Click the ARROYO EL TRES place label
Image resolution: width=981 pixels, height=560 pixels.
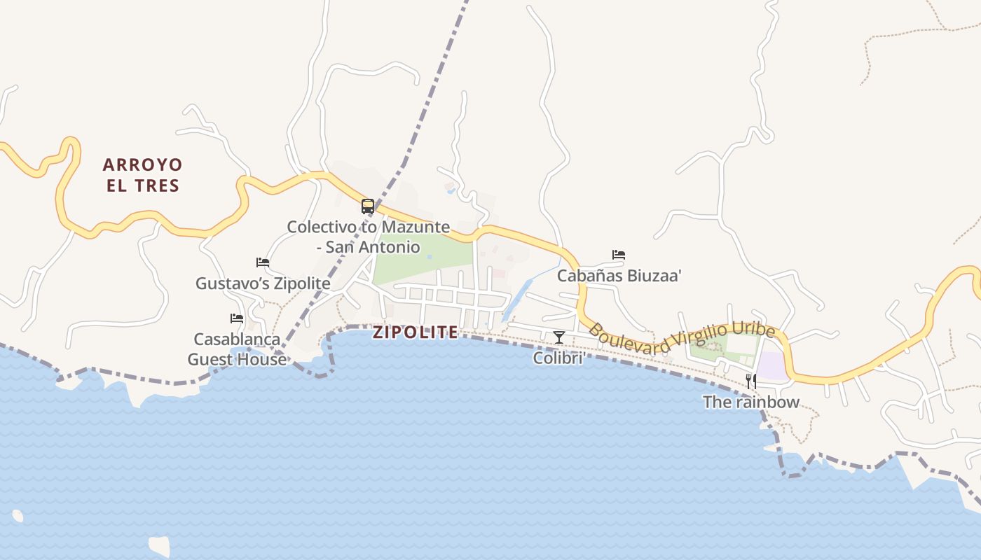pyautogui.click(x=142, y=175)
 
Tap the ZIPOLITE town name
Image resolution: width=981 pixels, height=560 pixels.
pyautogui.click(x=416, y=332)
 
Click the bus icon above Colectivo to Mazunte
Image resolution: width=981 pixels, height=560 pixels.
pyautogui.click(x=368, y=206)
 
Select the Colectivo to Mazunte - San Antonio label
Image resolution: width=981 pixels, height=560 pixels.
pyautogui.click(x=368, y=237)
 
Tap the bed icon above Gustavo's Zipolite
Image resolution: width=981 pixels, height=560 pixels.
pyautogui.click(x=263, y=262)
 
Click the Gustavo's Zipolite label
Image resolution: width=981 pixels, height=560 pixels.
pyautogui.click(x=263, y=283)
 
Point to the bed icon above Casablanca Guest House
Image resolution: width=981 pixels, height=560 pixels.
pyautogui.click(x=237, y=318)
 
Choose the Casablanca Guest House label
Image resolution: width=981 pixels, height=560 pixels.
pyautogui.click(x=237, y=349)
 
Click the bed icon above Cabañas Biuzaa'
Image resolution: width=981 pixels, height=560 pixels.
pyautogui.click(x=619, y=255)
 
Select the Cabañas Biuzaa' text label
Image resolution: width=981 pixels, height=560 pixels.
pyautogui.click(x=619, y=275)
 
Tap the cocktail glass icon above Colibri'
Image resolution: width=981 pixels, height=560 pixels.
pyautogui.click(x=559, y=337)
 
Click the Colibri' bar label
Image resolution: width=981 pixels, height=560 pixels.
pyautogui.click(x=559, y=358)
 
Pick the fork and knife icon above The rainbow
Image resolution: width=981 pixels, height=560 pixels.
pyautogui.click(x=751, y=381)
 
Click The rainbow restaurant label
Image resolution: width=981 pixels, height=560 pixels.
pyautogui.click(x=751, y=402)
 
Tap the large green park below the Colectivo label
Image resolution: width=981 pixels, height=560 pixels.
pyautogui.click(x=420, y=259)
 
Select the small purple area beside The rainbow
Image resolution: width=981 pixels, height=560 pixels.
pyautogui.click(x=771, y=366)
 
